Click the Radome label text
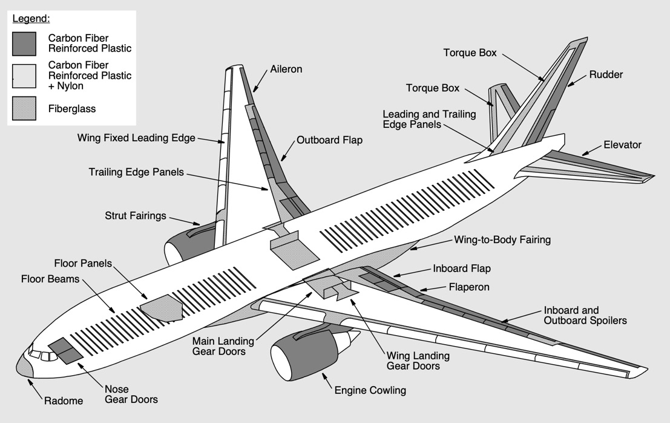click(x=64, y=401)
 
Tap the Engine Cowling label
click(x=370, y=390)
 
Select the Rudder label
click(x=606, y=75)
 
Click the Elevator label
click(x=622, y=145)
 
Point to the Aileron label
click(x=286, y=69)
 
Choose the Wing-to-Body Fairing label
click(x=502, y=239)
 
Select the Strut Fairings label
click(x=136, y=216)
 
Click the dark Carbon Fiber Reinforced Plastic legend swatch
click(x=24, y=44)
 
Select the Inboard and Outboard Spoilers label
click(x=585, y=315)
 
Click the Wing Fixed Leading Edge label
click(x=136, y=138)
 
